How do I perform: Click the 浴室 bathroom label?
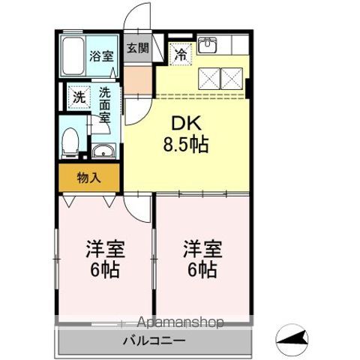(x=101, y=56)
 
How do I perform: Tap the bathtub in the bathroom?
(x=73, y=56)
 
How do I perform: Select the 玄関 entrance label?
(x=138, y=48)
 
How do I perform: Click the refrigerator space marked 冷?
(x=181, y=54)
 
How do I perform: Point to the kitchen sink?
(x=207, y=44)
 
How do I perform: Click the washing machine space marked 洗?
(x=79, y=97)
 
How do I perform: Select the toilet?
(x=70, y=142)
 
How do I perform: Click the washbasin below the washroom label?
(x=103, y=151)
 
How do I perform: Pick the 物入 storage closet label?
(x=88, y=178)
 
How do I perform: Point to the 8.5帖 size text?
(x=186, y=145)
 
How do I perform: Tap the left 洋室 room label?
(x=105, y=249)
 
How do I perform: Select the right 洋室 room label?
(x=202, y=249)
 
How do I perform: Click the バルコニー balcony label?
(x=154, y=340)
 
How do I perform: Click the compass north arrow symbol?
(x=292, y=340)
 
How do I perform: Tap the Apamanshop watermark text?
(x=181, y=322)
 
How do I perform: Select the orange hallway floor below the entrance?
(x=138, y=80)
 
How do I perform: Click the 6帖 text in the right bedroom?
(x=202, y=270)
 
